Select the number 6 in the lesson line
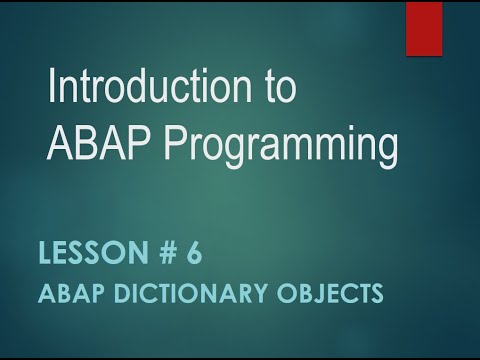coord(192,255)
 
